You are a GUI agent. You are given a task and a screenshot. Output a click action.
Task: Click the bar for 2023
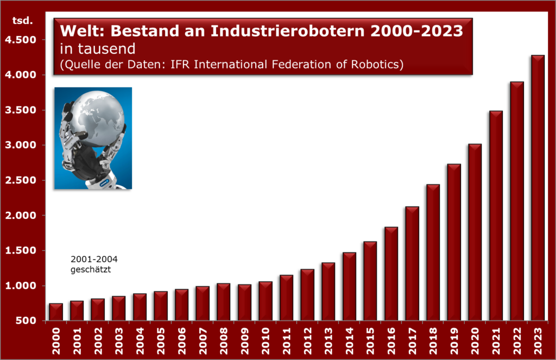538,188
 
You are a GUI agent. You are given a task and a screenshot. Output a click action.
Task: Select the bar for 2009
244,302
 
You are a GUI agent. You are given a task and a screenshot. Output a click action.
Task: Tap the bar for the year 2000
56,312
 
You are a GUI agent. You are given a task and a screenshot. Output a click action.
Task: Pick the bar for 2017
412,263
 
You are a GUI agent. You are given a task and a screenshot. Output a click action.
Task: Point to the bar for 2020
475,232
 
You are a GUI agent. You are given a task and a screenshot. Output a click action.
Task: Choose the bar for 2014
349,287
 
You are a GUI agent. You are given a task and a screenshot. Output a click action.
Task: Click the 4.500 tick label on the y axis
21,40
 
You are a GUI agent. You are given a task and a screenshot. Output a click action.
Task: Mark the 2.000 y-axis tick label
21,215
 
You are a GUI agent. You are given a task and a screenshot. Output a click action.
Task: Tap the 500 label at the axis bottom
26,320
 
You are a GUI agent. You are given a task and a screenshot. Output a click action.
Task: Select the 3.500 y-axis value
21,110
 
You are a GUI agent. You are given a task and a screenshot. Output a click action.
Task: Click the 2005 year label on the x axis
161,341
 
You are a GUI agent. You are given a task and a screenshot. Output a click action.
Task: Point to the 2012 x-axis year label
307,341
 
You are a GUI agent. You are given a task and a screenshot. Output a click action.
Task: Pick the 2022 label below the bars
517,341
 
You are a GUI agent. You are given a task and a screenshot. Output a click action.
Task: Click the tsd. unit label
22,21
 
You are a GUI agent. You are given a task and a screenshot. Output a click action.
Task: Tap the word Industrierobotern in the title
288,31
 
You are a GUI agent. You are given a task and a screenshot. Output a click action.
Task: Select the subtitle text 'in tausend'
98,48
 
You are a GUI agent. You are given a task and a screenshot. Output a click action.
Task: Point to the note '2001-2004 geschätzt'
94,264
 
